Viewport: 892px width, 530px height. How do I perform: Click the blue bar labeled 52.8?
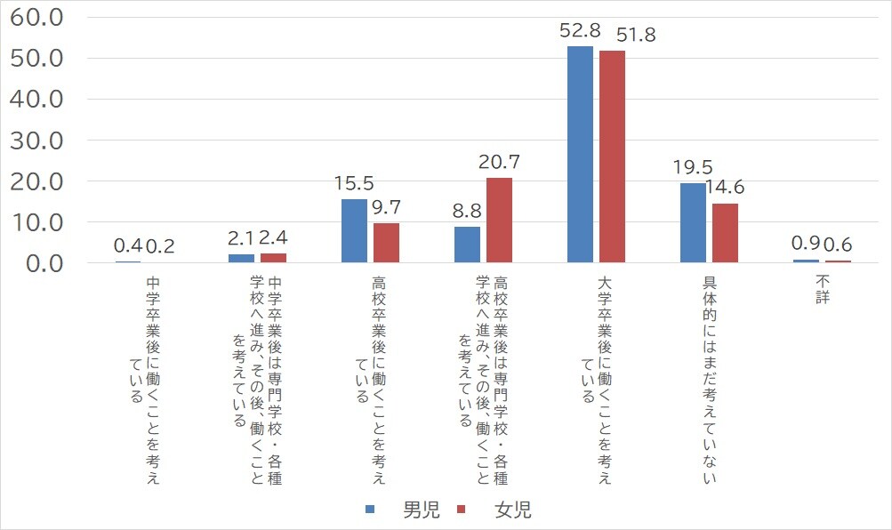[x=580, y=155]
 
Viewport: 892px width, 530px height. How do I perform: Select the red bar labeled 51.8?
[x=612, y=157]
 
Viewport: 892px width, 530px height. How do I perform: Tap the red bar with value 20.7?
[x=499, y=221]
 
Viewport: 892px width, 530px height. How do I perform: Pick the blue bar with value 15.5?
[x=354, y=231]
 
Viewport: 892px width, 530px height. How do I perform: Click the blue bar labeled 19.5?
[x=693, y=223]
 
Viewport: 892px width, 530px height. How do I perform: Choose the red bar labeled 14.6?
[x=725, y=233]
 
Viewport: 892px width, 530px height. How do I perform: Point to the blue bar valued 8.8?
[x=467, y=245]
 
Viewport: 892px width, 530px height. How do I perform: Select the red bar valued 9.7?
[x=386, y=243]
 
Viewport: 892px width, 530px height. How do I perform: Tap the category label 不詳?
[x=822, y=289]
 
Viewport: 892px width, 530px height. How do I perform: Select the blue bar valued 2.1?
[x=241, y=258]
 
